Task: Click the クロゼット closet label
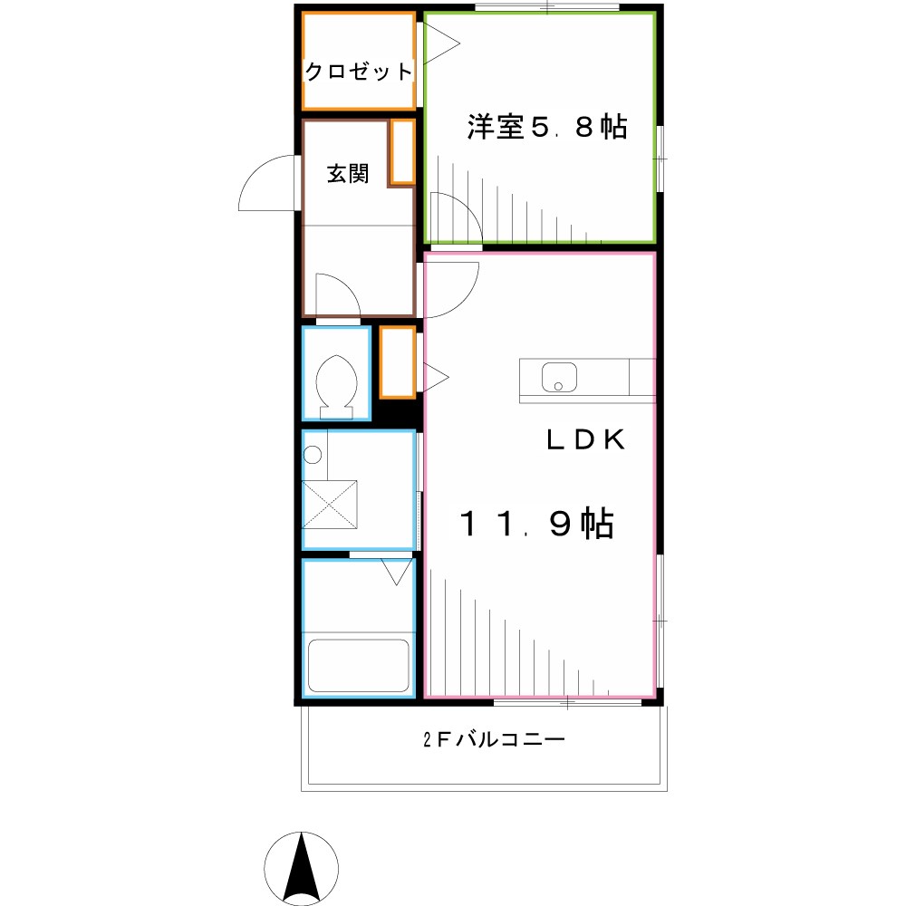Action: click(358, 72)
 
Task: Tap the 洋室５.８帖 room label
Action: click(546, 128)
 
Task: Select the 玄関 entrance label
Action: click(347, 174)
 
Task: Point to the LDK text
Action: click(585, 440)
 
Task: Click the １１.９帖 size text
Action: click(537, 524)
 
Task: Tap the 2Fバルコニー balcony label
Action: click(495, 740)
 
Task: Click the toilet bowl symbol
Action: click(336, 381)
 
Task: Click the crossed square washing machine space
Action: click(331, 504)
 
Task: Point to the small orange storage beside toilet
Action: click(397, 362)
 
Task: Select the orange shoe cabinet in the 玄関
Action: click(401, 152)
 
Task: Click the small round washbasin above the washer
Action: click(313, 456)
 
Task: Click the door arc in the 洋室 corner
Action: click(456, 220)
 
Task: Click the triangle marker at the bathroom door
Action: click(395, 572)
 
